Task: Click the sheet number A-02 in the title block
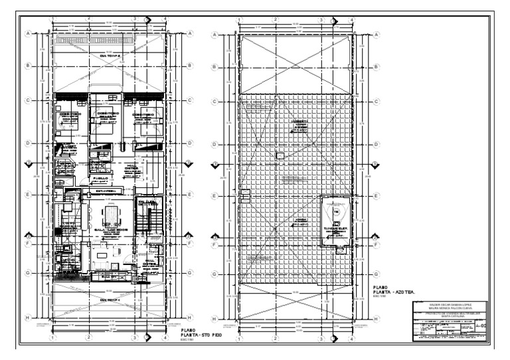click(x=483, y=327)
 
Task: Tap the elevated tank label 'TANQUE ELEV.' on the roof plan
click(x=337, y=227)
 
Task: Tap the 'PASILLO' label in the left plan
click(x=101, y=178)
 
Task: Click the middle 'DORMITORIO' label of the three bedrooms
click(x=108, y=114)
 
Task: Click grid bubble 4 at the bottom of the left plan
click(x=164, y=337)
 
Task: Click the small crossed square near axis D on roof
click(x=278, y=155)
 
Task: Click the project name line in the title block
click(x=450, y=315)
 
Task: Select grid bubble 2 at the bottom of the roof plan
click(x=274, y=337)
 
